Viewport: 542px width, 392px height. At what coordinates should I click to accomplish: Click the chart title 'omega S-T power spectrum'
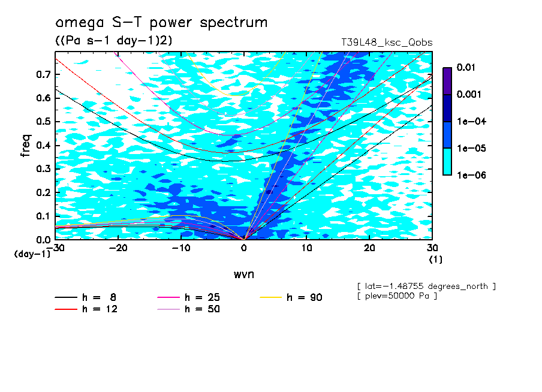[161, 23]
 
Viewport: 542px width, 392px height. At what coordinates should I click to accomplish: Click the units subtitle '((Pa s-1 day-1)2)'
[110, 41]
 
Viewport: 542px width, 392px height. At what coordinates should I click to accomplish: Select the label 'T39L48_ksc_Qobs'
[387, 43]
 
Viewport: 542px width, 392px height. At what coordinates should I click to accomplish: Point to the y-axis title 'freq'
[25, 146]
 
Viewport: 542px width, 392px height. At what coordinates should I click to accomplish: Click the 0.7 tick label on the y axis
[44, 74]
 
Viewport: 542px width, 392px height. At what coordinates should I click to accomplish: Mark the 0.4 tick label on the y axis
[44, 145]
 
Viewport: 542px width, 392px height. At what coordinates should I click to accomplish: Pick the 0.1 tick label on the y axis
[44, 216]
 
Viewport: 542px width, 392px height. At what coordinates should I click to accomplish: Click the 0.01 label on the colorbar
[466, 68]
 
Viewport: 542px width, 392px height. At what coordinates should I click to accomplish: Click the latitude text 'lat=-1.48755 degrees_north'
[426, 286]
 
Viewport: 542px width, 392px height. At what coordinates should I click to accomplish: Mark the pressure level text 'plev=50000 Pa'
[396, 296]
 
